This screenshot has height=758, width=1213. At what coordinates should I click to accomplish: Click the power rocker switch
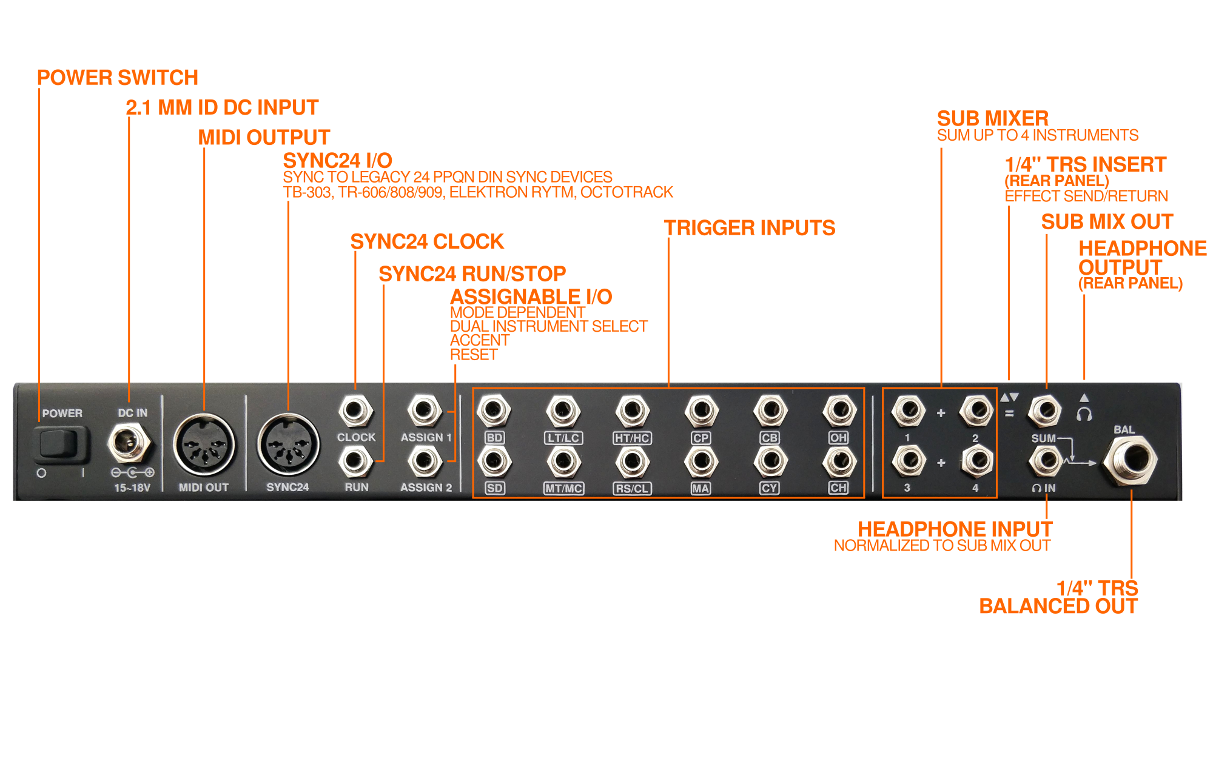click(59, 444)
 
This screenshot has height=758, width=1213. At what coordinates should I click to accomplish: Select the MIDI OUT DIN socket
click(204, 446)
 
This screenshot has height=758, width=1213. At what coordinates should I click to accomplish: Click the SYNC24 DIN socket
click(288, 446)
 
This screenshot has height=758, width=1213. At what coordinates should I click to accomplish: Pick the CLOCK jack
click(355, 411)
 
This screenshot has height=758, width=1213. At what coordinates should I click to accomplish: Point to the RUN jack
click(355, 462)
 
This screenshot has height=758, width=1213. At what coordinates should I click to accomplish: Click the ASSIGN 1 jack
click(425, 411)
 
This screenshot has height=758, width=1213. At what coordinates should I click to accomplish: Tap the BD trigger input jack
click(494, 411)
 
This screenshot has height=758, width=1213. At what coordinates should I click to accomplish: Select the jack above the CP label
click(701, 411)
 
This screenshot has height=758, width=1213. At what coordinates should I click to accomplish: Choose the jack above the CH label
click(839, 462)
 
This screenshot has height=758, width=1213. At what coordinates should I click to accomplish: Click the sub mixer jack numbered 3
click(908, 461)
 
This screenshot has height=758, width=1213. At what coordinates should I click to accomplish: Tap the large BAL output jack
click(1130, 461)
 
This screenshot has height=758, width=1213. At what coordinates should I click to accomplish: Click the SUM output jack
click(1044, 411)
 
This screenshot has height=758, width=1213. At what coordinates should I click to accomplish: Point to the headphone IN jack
click(1044, 461)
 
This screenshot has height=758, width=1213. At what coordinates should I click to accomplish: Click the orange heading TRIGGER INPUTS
click(749, 228)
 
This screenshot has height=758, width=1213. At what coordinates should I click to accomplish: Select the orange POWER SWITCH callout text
click(117, 78)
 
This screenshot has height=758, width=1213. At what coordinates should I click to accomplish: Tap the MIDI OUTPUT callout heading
click(264, 138)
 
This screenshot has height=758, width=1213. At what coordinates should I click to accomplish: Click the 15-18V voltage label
click(132, 488)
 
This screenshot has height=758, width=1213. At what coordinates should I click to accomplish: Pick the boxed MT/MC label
click(563, 489)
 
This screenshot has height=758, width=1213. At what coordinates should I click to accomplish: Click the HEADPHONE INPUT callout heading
click(955, 529)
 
